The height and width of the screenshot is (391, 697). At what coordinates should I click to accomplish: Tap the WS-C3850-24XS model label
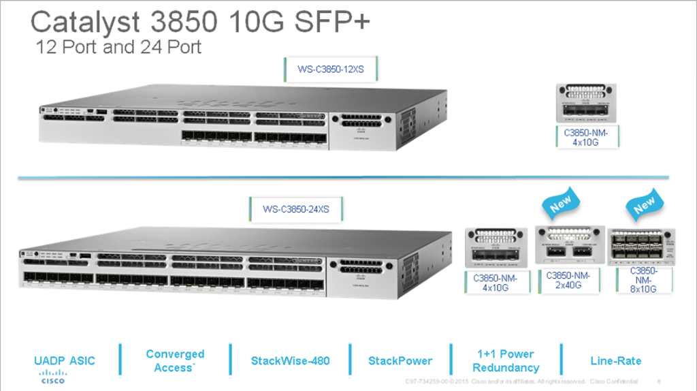(295, 209)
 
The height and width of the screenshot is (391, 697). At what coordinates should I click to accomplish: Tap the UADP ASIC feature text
(65, 360)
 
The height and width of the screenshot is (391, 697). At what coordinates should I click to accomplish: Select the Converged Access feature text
(175, 360)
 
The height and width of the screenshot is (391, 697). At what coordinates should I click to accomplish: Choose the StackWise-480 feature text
(290, 360)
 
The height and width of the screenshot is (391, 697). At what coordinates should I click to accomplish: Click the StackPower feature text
(400, 360)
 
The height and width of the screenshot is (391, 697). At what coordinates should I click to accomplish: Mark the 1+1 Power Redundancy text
(506, 360)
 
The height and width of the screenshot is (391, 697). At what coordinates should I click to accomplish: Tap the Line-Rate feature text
(615, 360)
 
